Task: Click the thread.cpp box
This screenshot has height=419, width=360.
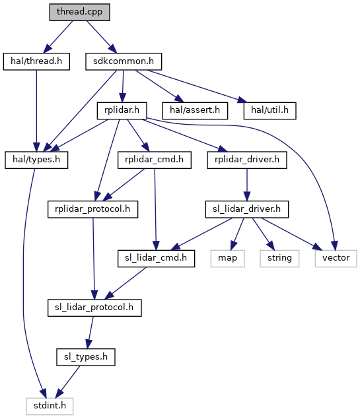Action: (79, 12)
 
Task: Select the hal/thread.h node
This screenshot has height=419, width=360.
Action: (36, 61)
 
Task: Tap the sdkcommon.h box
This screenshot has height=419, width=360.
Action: (124, 61)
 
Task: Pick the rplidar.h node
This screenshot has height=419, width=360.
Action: (122, 111)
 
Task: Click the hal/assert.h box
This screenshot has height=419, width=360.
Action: (195, 111)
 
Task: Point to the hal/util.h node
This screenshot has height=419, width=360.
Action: (270, 111)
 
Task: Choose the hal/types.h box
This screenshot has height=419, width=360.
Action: (36, 160)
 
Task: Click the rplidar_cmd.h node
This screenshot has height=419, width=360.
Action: (155, 160)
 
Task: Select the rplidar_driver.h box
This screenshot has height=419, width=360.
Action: (247, 160)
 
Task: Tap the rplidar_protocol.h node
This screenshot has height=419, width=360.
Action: (93, 209)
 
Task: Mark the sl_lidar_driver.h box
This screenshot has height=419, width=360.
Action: (247, 209)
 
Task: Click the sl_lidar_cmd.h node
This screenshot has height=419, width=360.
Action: (156, 259)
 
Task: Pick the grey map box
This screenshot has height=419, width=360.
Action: (228, 259)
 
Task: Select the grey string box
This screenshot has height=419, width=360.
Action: (279, 259)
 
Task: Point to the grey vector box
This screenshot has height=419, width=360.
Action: (336, 259)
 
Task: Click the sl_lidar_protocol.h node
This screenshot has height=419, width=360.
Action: (94, 308)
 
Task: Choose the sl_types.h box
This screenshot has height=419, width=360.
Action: (86, 357)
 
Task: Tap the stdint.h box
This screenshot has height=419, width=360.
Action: (50, 406)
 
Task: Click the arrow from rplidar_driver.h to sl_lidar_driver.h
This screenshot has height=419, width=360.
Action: (247, 185)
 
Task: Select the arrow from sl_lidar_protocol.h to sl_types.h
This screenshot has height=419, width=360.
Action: (90, 333)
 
